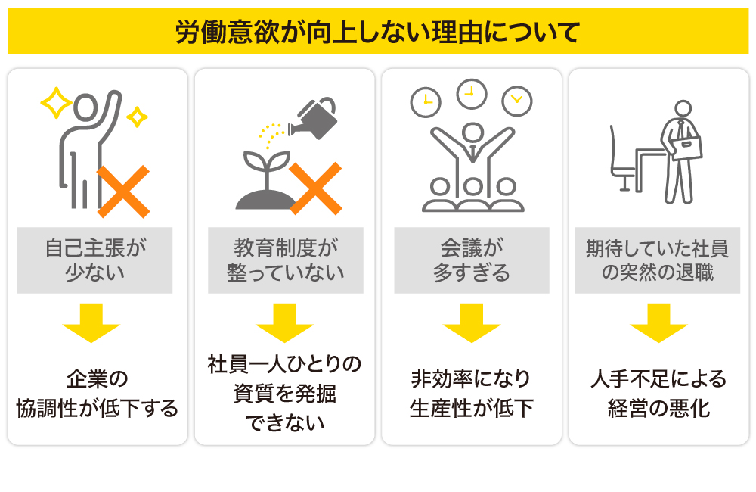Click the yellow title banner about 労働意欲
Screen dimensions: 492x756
377,32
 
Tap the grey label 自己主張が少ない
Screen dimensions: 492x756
94,260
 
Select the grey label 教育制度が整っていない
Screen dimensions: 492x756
285,260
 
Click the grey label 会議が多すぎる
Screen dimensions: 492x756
472,260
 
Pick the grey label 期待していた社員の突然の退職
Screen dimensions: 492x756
657,260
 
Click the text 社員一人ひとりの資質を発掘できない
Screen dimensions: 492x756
285,393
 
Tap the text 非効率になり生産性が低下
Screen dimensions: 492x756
472,393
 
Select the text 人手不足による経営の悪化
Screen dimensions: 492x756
658,393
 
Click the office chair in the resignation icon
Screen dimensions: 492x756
621,159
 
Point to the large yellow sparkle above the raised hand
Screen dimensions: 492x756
56,104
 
